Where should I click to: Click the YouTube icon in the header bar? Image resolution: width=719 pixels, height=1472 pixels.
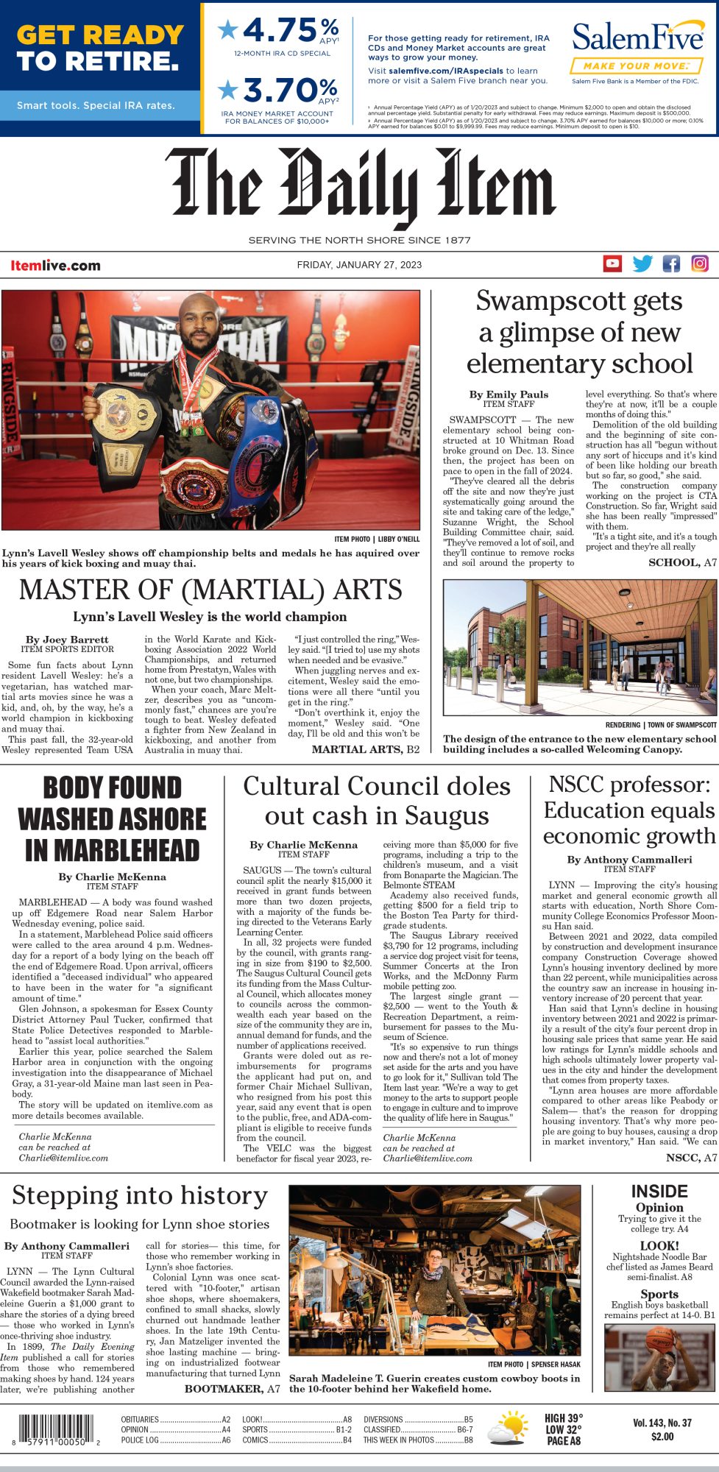click(612, 263)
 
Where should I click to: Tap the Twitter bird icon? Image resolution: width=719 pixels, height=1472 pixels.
click(642, 263)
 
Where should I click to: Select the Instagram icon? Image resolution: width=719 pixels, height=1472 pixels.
click(700, 263)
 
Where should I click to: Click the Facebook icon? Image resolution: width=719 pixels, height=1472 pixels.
click(671, 263)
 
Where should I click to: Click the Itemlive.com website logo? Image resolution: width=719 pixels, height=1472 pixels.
click(55, 266)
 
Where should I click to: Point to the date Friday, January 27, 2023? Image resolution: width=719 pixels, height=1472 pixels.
click(359, 265)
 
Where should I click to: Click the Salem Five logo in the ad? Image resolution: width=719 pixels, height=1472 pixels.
click(637, 37)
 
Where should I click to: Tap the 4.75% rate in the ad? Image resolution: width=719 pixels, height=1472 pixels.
click(280, 31)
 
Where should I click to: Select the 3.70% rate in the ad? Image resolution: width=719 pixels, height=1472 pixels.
click(280, 91)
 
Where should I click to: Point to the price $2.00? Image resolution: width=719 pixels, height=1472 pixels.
click(662, 1436)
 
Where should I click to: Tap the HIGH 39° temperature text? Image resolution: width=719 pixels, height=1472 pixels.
click(564, 1418)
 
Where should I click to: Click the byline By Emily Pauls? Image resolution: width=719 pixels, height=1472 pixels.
click(509, 394)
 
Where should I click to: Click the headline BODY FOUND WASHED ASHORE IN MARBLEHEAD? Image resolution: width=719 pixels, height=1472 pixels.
click(112, 818)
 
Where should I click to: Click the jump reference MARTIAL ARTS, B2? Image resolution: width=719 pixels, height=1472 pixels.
click(365, 749)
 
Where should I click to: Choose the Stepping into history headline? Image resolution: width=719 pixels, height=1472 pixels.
click(140, 1195)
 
